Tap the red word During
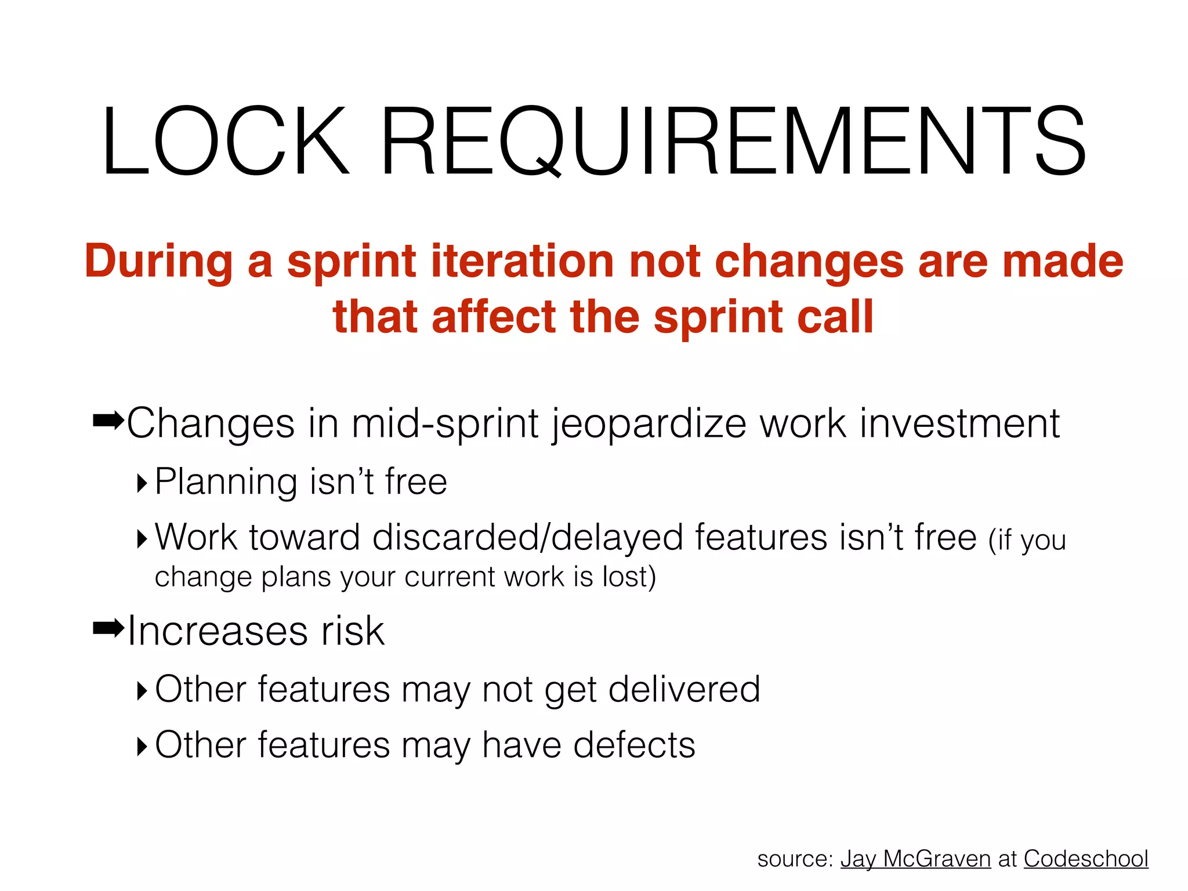coord(158,262)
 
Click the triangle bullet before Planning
coord(142,483)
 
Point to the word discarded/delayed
coord(527,538)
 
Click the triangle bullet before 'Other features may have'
coord(142,746)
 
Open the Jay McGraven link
coord(915,859)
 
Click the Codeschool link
coord(1085,859)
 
